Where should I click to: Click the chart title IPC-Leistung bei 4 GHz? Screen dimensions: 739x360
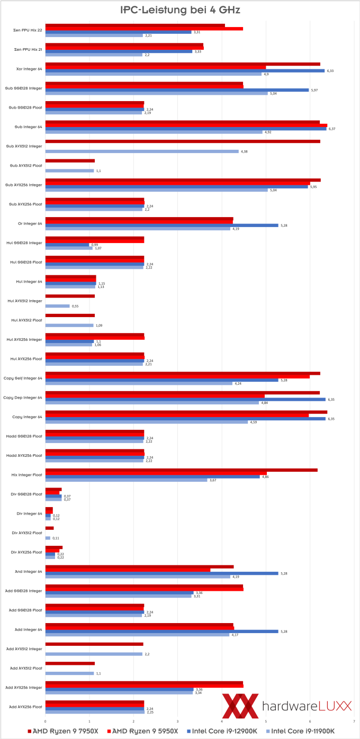pos(179,10)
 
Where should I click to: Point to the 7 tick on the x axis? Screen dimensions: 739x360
pos(354,721)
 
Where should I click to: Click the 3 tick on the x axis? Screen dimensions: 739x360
pos(178,721)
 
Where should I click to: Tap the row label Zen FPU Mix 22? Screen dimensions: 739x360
pos(28,30)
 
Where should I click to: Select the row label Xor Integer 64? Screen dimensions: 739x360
pos(30,69)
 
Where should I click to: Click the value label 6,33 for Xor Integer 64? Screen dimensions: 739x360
pos(331,71)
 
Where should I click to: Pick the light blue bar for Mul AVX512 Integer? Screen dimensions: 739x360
pos(57,306)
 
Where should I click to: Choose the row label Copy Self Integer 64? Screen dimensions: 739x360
pos(27,378)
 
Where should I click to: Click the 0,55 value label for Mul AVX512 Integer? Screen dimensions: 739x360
pos(75,306)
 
